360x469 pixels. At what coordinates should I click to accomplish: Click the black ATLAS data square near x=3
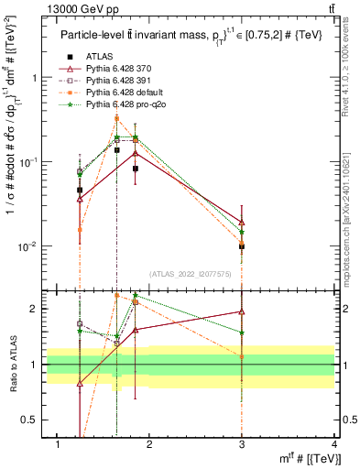(242, 246)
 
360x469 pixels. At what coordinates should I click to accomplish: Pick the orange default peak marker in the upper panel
(116, 118)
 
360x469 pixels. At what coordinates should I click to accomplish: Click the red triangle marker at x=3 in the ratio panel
(242, 312)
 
